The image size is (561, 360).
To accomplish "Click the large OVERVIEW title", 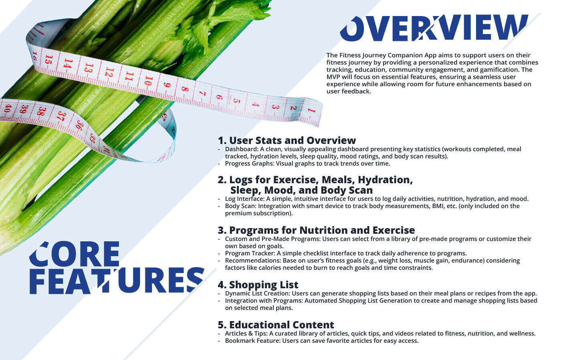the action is click(434, 28).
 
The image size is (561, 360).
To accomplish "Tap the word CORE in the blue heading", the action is click(75, 254).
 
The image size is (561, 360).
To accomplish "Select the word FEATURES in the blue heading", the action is click(117, 280).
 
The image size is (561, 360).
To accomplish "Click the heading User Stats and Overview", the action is click(287, 140).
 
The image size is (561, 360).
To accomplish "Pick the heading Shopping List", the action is click(258, 285).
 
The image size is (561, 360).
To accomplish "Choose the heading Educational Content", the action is click(276, 325).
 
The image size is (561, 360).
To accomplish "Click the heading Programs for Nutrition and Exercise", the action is click(316, 230).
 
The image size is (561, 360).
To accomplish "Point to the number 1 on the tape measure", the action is click(311, 110).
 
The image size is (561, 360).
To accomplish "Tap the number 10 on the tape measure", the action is click(149, 81).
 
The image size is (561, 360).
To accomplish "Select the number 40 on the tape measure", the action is click(8, 109).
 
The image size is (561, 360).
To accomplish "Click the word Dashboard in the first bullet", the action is click(241, 149).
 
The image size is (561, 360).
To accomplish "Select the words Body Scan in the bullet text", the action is click(240, 206).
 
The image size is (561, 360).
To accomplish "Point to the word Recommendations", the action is click(253, 261).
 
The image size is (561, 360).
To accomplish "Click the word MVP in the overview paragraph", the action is click(333, 77).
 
